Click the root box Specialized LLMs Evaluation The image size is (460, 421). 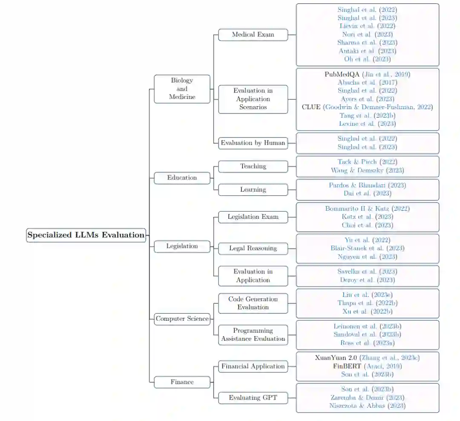point(86,235)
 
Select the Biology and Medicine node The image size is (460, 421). point(182,89)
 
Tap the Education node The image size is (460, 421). point(182,178)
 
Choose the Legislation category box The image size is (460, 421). point(182,246)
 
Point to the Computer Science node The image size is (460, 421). point(182,319)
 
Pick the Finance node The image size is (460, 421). point(182,382)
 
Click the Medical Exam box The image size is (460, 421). point(253,35)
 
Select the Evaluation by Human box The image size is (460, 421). point(253,143)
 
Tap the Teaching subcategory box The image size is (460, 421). point(253,166)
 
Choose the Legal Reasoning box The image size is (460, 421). point(253,248)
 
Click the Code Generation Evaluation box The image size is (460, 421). point(253,303)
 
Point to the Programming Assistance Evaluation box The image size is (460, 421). point(253,335)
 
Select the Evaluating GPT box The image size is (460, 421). point(253,398)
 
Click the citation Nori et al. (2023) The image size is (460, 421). point(367,35)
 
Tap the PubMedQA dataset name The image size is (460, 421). point(342,74)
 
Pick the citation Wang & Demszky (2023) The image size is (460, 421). point(367,171)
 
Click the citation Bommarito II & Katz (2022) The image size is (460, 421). point(367,209)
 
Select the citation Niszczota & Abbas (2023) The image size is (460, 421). point(367,406)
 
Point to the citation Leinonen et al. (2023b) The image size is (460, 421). point(367,327)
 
